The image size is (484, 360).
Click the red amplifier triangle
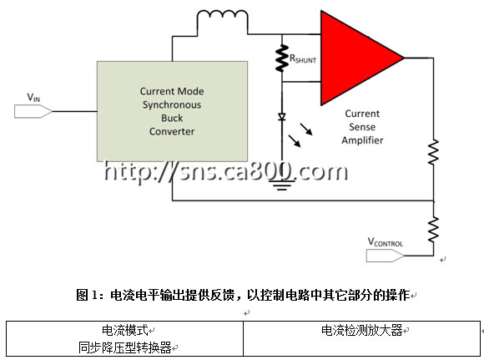[x=355, y=58]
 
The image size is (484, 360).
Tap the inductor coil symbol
[x=222, y=14]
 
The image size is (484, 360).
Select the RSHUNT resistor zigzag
[x=282, y=58]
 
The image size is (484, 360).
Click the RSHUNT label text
[x=303, y=58]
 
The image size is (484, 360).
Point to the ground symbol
[x=281, y=185]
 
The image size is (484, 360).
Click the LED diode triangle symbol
[x=281, y=117]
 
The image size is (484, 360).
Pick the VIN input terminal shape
[x=33, y=111]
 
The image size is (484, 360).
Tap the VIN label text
[x=33, y=98]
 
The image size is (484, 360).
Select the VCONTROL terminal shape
[x=385, y=256]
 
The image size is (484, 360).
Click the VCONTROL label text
[x=386, y=242]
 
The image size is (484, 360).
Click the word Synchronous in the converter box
[x=172, y=105]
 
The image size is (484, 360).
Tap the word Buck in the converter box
[x=172, y=118]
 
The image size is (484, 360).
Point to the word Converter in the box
[x=172, y=131]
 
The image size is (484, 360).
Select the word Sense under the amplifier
[x=362, y=127]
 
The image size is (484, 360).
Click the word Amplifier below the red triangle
[x=362, y=140]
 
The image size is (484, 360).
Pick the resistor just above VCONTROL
[x=433, y=230]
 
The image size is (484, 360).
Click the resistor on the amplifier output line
[x=433, y=152]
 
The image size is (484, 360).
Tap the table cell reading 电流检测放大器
[x=362, y=330]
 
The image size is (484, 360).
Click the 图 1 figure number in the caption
[x=87, y=295]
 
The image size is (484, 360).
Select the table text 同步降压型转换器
[x=124, y=347]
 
